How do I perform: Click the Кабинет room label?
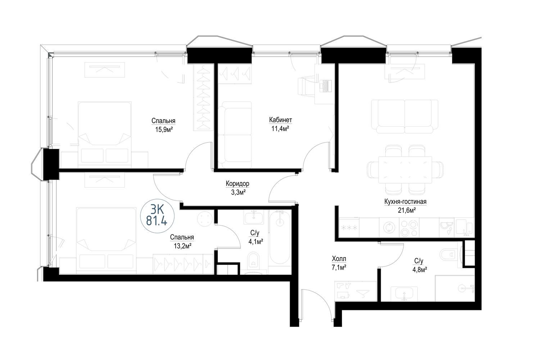[280, 120]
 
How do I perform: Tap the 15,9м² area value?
[164, 130]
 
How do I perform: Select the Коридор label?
[237, 184]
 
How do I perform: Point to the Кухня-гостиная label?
[405, 202]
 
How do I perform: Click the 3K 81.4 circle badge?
[157, 216]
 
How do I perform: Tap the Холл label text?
[339, 258]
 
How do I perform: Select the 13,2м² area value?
[182, 246]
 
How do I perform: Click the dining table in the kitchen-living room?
[405, 170]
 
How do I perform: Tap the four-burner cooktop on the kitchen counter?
[409, 228]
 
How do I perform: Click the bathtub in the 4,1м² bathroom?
[280, 236]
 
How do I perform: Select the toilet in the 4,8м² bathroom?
[448, 255]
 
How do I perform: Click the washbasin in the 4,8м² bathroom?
[404, 293]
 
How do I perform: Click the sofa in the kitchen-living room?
[404, 116]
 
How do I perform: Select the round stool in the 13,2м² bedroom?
[205, 219]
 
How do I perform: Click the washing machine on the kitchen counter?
[389, 228]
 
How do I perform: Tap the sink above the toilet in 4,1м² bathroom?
[254, 217]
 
